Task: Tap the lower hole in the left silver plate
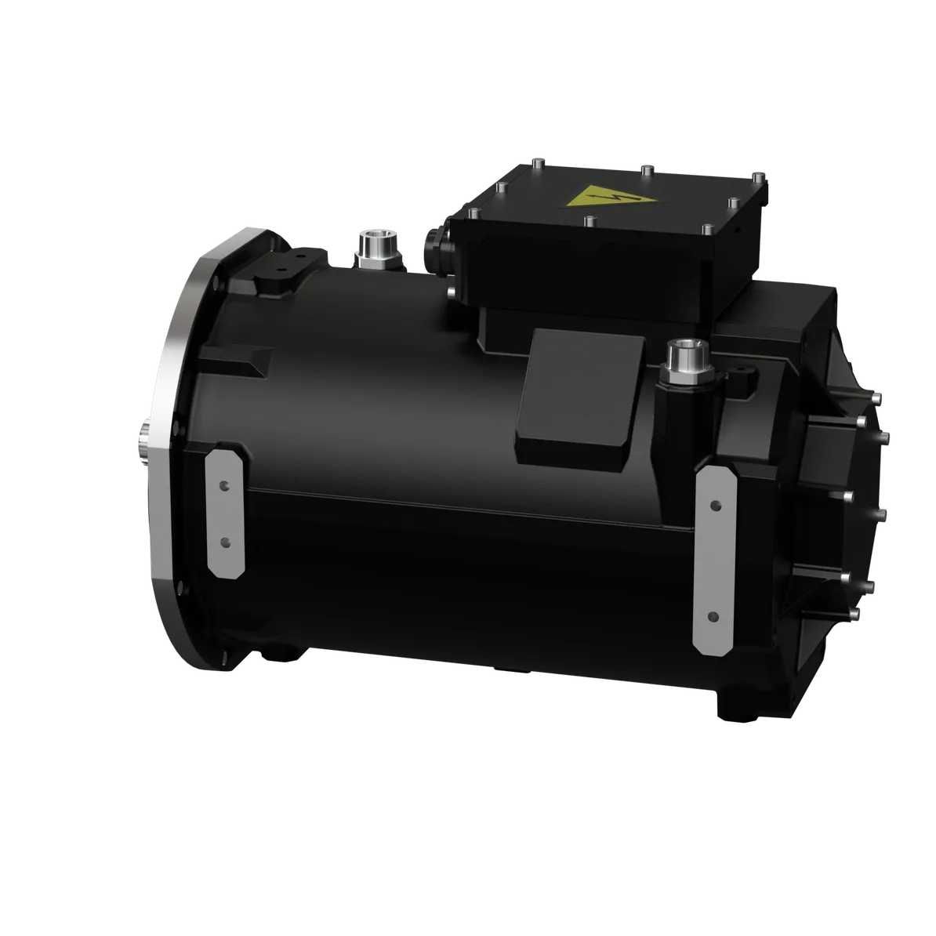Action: pyautogui.click(x=225, y=542)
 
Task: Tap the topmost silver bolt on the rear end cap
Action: pyautogui.click(x=861, y=422)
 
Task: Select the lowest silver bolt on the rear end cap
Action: pyautogui.click(x=853, y=612)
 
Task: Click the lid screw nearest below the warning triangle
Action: pyautogui.click(x=588, y=221)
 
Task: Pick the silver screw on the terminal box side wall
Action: pyautogui.click(x=452, y=294)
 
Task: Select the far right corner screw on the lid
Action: pyautogui.click(x=757, y=178)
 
